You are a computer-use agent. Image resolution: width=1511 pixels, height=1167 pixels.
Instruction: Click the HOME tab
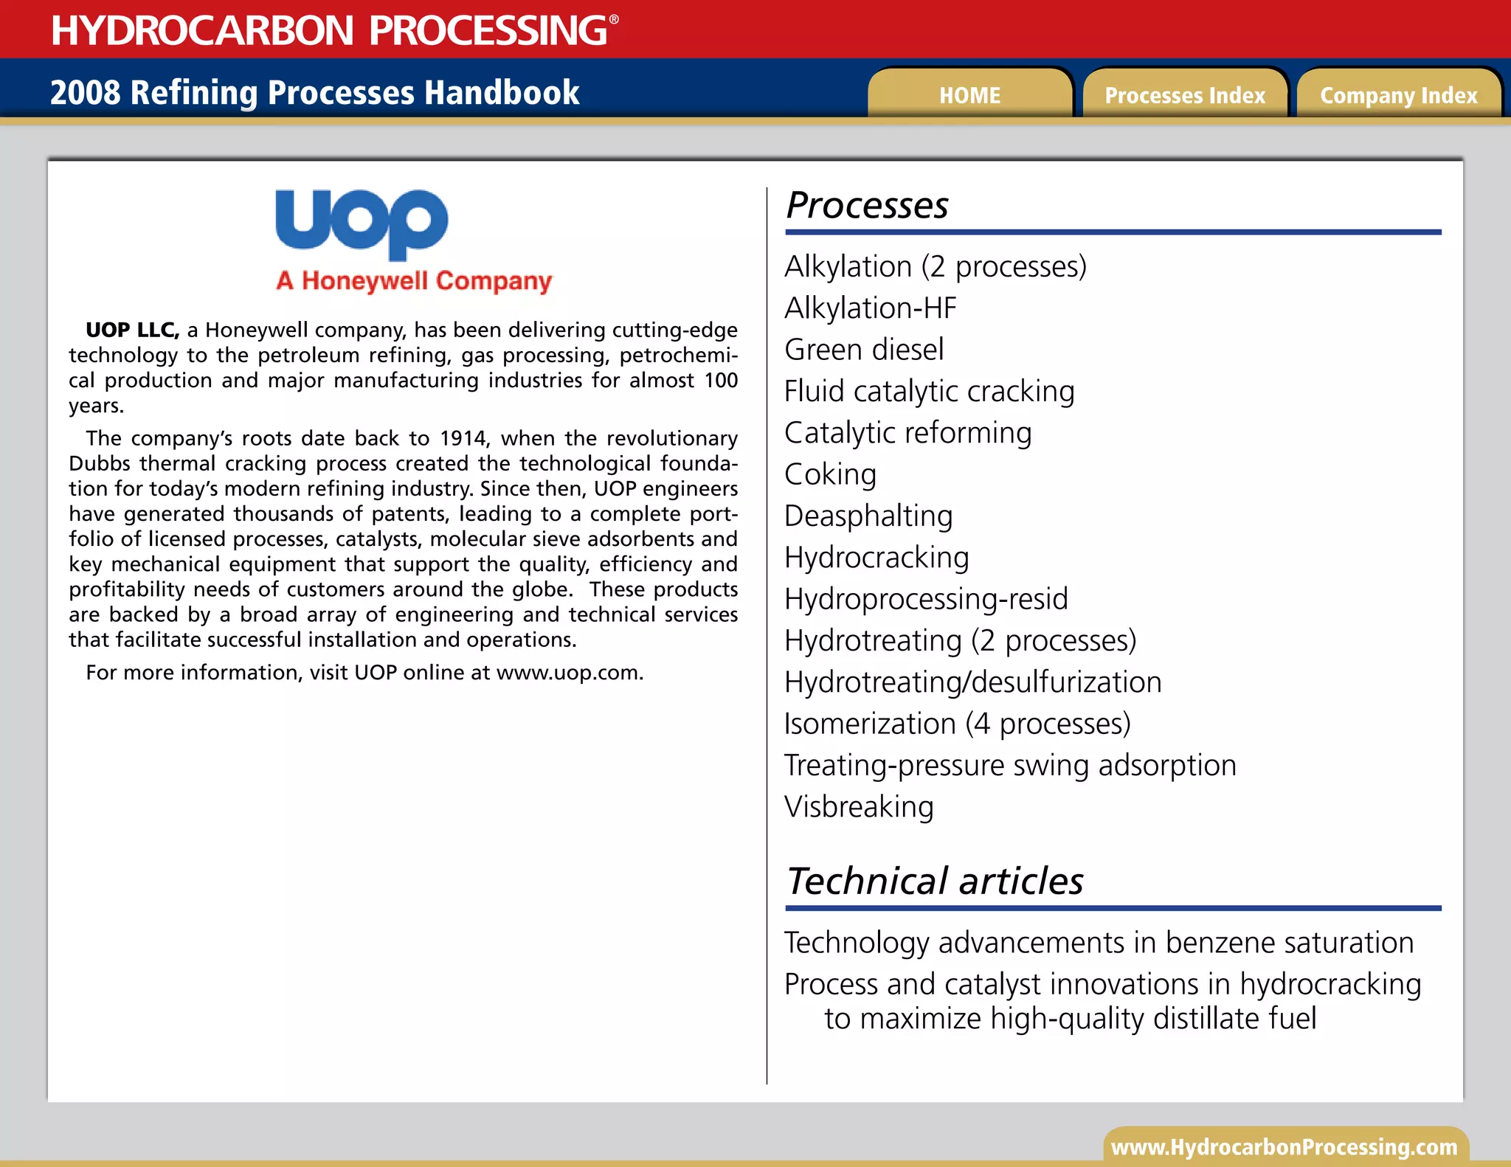point(969,95)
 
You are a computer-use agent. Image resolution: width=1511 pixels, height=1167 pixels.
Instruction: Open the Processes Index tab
point(1184,95)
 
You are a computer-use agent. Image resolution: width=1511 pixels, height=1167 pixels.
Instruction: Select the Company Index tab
point(1398,95)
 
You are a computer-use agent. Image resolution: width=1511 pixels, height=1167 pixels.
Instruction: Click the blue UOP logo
point(362,224)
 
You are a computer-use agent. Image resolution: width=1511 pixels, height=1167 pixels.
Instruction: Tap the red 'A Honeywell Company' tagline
point(414,281)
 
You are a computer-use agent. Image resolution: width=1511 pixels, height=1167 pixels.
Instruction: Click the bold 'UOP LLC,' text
point(132,330)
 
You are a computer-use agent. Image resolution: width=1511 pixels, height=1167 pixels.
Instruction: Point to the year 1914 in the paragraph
point(463,438)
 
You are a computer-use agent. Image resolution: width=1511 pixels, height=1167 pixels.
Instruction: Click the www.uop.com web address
point(569,673)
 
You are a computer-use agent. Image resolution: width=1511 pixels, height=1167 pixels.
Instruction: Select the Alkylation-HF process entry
point(871,308)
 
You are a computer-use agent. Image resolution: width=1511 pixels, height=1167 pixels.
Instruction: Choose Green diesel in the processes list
point(864,350)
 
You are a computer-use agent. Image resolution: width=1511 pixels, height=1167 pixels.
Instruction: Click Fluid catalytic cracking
point(929,392)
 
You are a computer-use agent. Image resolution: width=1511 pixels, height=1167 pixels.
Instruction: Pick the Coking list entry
point(831,474)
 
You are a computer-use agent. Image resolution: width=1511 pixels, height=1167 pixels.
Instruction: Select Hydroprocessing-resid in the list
point(926,599)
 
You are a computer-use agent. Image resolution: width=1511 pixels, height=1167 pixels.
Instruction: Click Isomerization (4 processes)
point(957,724)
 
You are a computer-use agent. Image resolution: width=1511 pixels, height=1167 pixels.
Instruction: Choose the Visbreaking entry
point(859,807)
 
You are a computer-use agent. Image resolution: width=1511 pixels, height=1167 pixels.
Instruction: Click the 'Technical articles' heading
point(935,881)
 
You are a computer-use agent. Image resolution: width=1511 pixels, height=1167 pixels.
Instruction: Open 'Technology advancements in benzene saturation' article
point(1099,943)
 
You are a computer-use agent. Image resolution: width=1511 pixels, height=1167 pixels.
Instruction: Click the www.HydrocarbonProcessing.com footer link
point(1284,1147)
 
